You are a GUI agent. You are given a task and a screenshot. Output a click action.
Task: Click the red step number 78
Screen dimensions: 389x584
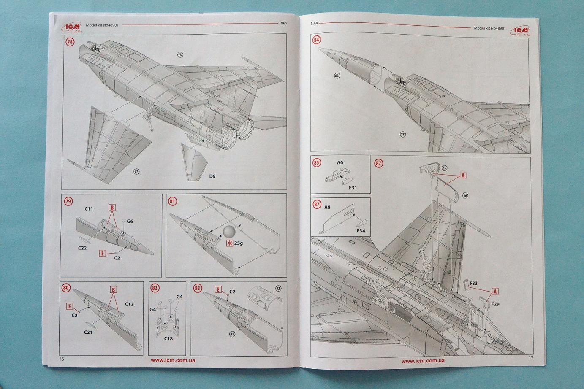(x=70, y=42)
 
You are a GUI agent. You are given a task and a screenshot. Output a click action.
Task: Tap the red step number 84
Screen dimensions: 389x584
(x=316, y=40)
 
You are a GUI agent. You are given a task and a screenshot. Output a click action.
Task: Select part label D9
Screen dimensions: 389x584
(x=212, y=176)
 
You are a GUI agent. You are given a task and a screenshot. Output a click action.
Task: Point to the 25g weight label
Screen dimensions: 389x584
(x=239, y=243)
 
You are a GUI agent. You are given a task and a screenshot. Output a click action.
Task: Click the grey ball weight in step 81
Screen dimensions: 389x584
(x=229, y=232)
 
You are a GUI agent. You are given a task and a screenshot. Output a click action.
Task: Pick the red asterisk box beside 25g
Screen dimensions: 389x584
(x=229, y=243)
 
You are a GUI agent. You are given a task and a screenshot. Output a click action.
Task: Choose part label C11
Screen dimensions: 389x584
(x=89, y=209)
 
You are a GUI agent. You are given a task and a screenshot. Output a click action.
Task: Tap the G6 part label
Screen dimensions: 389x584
(x=130, y=221)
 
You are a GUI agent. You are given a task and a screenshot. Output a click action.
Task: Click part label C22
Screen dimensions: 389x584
(x=82, y=248)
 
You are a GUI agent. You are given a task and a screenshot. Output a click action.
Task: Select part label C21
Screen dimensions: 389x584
(x=88, y=332)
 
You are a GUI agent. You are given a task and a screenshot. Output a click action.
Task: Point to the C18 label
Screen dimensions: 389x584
(x=168, y=338)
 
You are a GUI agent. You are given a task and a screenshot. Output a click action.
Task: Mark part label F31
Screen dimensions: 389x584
(x=353, y=188)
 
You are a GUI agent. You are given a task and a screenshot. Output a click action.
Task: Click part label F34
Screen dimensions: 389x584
(x=361, y=231)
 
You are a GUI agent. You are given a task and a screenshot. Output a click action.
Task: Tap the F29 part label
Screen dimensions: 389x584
(x=495, y=304)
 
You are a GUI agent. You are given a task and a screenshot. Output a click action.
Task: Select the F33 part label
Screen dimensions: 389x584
(x=473, y=284)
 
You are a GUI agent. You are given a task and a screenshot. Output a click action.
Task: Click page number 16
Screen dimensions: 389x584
(x=62, y=359)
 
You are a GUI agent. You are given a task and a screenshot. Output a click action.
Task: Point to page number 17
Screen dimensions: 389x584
(x=531, y=358)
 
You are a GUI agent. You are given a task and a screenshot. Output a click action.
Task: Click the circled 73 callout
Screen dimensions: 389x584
(x=180, y=55)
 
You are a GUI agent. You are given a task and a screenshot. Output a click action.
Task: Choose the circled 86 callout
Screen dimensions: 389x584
(x=465, y=195)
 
